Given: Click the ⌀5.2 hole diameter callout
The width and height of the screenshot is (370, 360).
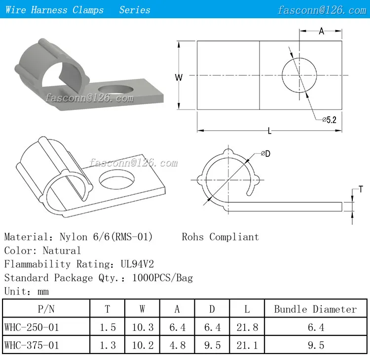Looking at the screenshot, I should point(329,119).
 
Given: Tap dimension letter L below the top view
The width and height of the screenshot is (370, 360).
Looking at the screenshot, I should point(269,131).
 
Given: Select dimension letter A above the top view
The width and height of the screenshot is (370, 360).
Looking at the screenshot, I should point(321,32).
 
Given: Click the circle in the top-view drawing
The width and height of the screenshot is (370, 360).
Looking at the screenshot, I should point(299,75).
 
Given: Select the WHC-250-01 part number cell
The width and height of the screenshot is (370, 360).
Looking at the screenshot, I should point(31,327).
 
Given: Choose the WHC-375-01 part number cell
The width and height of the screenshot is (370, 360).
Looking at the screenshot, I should point(31,345).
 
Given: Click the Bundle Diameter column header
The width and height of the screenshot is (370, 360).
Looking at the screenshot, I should point(315,309).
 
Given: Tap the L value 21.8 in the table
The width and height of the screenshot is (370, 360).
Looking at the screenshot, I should point(247,327).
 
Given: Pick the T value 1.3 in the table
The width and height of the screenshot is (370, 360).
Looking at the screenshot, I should point(108,345).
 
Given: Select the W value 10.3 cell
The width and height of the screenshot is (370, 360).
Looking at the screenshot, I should point(142,327).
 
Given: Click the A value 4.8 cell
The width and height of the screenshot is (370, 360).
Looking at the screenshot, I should point(177,345).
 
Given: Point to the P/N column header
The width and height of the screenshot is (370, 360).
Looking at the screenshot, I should point(46,309).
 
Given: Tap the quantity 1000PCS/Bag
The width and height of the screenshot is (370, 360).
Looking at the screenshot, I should point(163,278).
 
